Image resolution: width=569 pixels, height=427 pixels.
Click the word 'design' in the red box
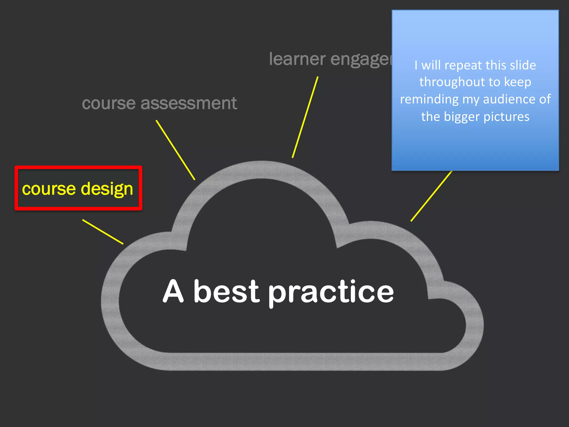click(107, 189)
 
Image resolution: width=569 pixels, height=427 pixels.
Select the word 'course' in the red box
click(49, 189)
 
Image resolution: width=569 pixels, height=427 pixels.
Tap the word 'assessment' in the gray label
click(189, 103)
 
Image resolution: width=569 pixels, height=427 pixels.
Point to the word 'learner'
click(297, 59)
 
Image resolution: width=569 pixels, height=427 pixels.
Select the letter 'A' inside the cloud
click(173, 291)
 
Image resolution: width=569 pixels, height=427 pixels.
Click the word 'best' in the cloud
click(226, 291)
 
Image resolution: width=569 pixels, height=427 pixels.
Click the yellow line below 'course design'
click(103, 232)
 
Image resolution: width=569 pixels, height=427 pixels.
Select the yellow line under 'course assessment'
click(175, 150)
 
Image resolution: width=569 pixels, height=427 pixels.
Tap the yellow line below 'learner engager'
click(305, 117)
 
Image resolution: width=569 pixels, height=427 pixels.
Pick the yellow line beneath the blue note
click(431, 196)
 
